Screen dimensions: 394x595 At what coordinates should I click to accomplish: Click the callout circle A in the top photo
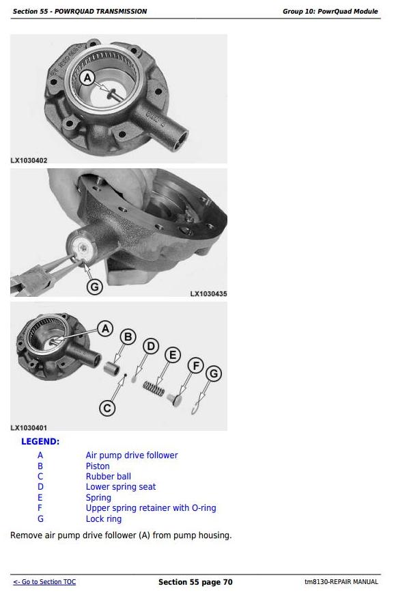tap(87, 78)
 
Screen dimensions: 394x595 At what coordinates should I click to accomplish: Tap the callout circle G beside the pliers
tap(95, 287)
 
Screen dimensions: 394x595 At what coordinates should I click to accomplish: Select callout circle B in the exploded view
tap(128, 337)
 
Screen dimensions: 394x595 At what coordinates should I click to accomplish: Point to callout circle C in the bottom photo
tap(107, 408)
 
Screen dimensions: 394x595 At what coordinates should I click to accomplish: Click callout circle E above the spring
tap(173, 355)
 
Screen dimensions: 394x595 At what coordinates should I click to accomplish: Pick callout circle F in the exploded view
tap(196, 366)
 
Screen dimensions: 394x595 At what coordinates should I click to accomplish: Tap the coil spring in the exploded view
tap(154, 388)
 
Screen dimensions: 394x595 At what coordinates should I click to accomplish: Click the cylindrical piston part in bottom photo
tap(112, 367)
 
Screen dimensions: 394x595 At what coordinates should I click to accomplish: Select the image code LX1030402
tap(29, 161)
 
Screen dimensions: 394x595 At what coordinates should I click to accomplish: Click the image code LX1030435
tap(208, 293)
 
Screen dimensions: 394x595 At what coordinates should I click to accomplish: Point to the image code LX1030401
tap(29, 427)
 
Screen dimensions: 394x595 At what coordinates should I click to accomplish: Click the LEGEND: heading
tap(40, 442)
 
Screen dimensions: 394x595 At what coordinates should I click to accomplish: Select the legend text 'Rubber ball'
tap(109, 476)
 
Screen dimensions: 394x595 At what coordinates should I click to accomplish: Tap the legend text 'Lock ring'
tap(104, 518)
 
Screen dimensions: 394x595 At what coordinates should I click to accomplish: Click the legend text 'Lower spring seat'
tap(121, 487)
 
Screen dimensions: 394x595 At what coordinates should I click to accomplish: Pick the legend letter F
tap(40, 508)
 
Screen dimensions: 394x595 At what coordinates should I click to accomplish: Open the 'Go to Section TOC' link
tap(44, 582)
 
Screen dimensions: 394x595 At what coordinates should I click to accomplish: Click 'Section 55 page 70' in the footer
tap(195, 582)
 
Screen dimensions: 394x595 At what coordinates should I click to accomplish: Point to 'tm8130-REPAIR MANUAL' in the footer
tap(341, 582)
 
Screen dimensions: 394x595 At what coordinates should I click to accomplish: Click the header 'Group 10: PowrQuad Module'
tap(330, 12)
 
